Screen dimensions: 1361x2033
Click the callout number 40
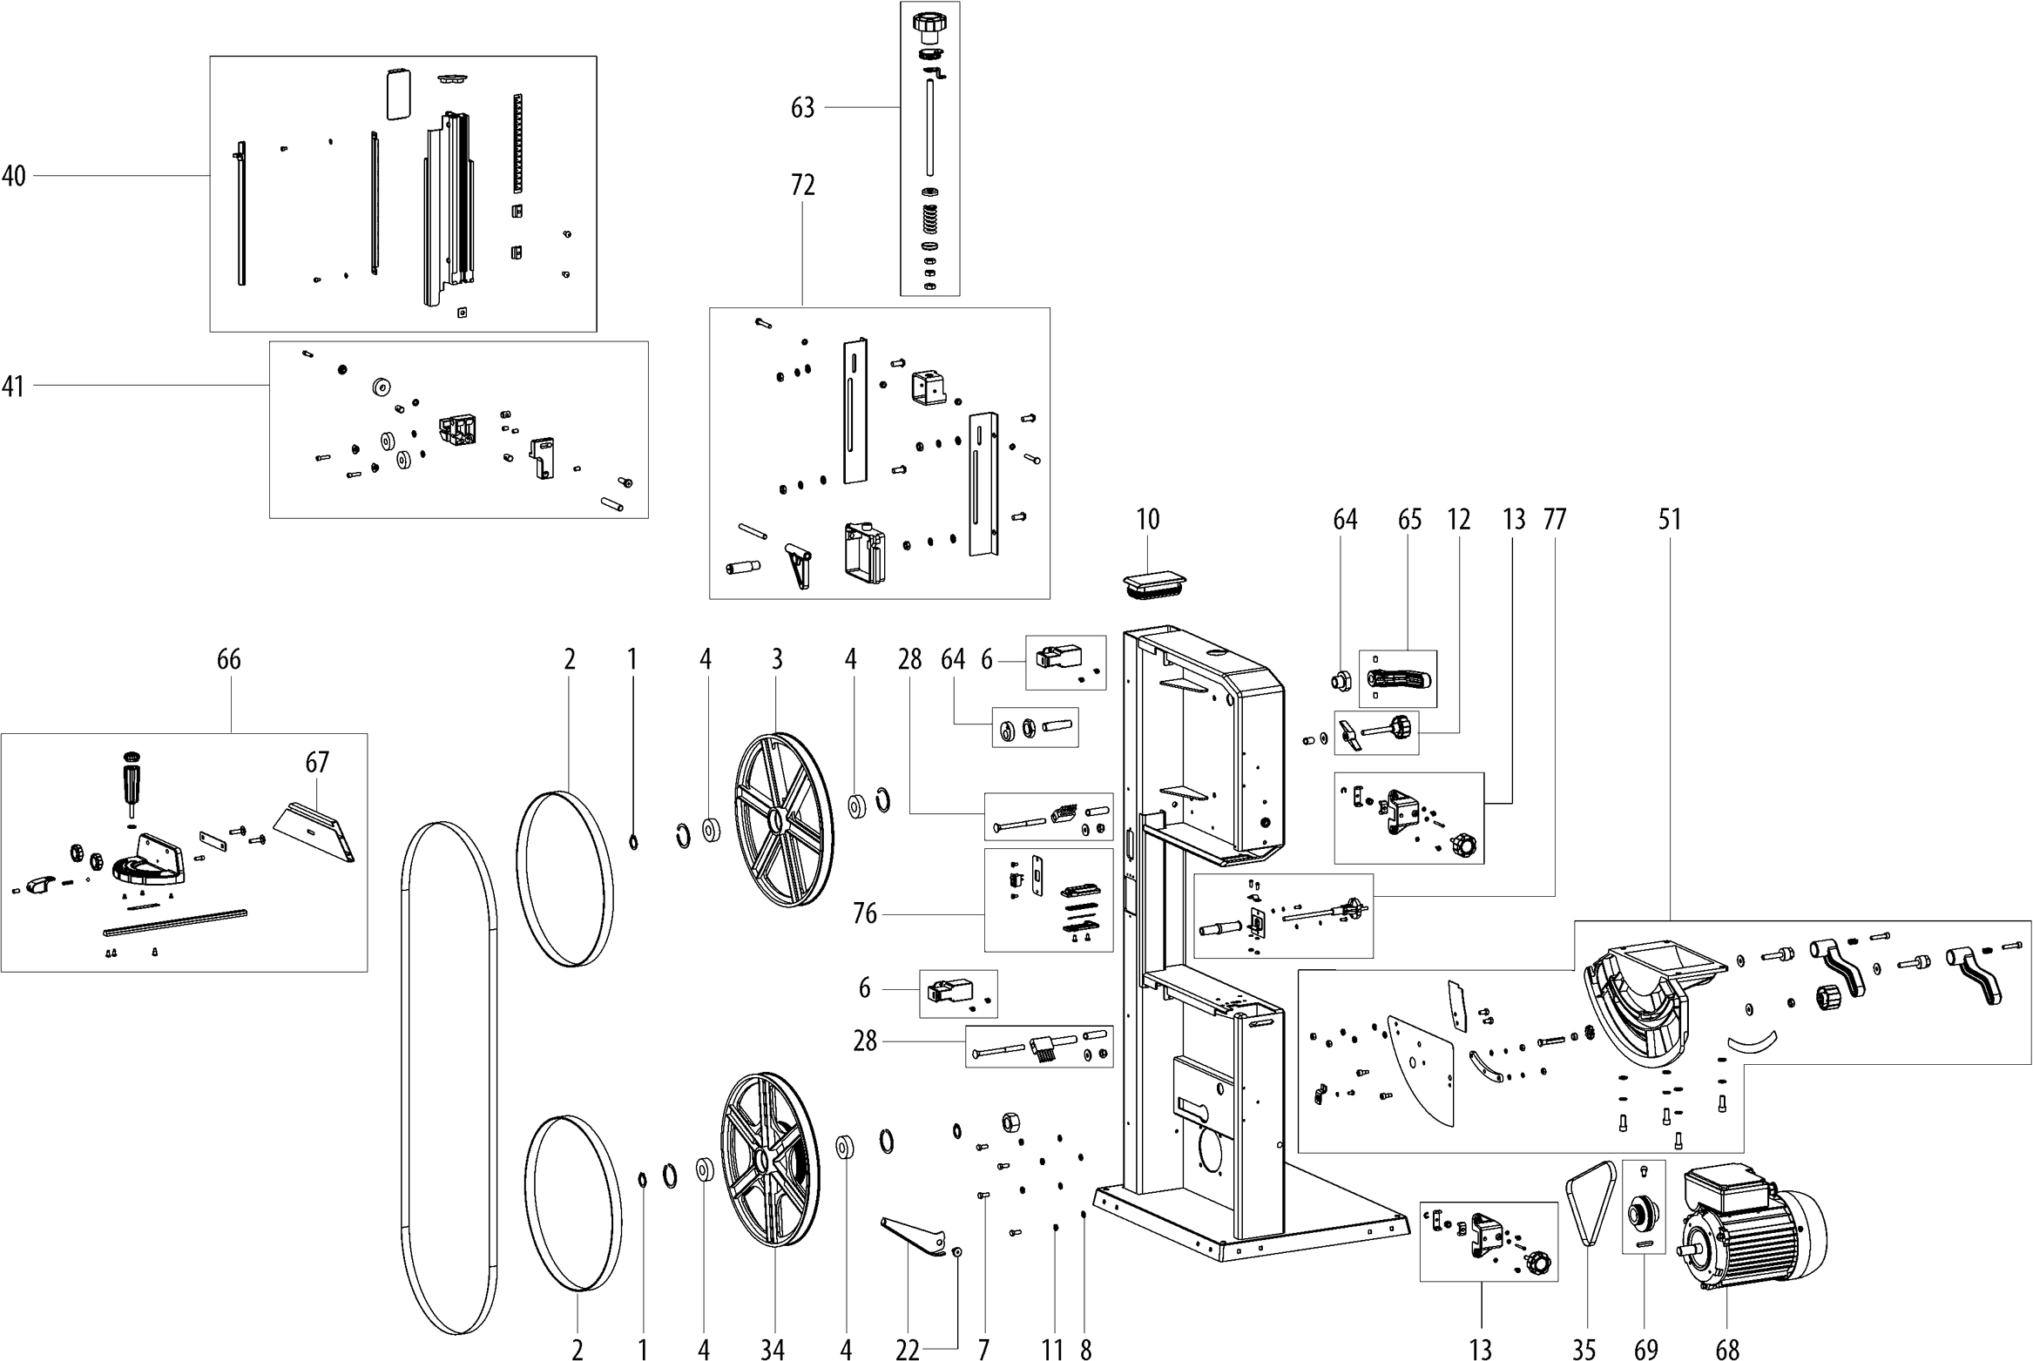coord(14,176)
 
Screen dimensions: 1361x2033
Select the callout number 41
coord(13,386)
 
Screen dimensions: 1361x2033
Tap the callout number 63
coord(802,108)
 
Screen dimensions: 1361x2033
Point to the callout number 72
coord(802,185)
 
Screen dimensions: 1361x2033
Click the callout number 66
coord(228,660)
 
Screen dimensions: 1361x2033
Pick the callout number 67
coord(317,763)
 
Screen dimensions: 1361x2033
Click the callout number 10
coord(1148,520)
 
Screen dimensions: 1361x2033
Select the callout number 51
coord(1669,520)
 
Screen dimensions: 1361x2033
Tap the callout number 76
coord(864,914)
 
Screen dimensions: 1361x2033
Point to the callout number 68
coord(1727,1350)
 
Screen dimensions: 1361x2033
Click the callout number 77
coord(1554,520)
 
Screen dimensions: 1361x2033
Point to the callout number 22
coord(908,1350)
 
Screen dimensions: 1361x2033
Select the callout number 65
coord(1409,520)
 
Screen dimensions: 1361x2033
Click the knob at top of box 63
coord(929,25)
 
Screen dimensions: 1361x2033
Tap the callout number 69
coord(1645,1350)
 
